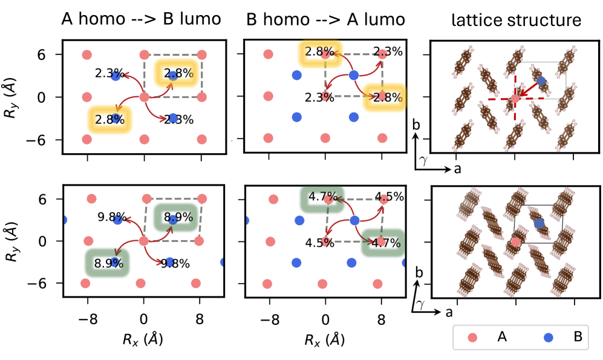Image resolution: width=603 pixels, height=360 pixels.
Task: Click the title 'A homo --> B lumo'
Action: point(141,19)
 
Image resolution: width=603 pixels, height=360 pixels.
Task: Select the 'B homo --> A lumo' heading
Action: point(326,19)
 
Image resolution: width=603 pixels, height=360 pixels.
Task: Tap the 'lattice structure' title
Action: point(516,21)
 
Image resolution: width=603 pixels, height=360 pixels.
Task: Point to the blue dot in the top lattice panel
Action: point(541,80)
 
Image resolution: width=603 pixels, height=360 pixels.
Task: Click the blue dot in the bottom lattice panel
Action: point(539,224)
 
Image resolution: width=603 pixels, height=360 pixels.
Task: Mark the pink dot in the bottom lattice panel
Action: point(515,242)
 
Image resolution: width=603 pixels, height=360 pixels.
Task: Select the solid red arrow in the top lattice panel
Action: point(528,90)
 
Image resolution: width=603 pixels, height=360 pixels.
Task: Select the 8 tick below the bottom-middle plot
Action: point(382,315)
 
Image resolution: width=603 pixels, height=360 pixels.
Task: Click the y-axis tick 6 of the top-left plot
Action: point(50,54)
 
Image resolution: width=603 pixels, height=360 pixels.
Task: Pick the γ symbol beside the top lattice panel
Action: point(423,160)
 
